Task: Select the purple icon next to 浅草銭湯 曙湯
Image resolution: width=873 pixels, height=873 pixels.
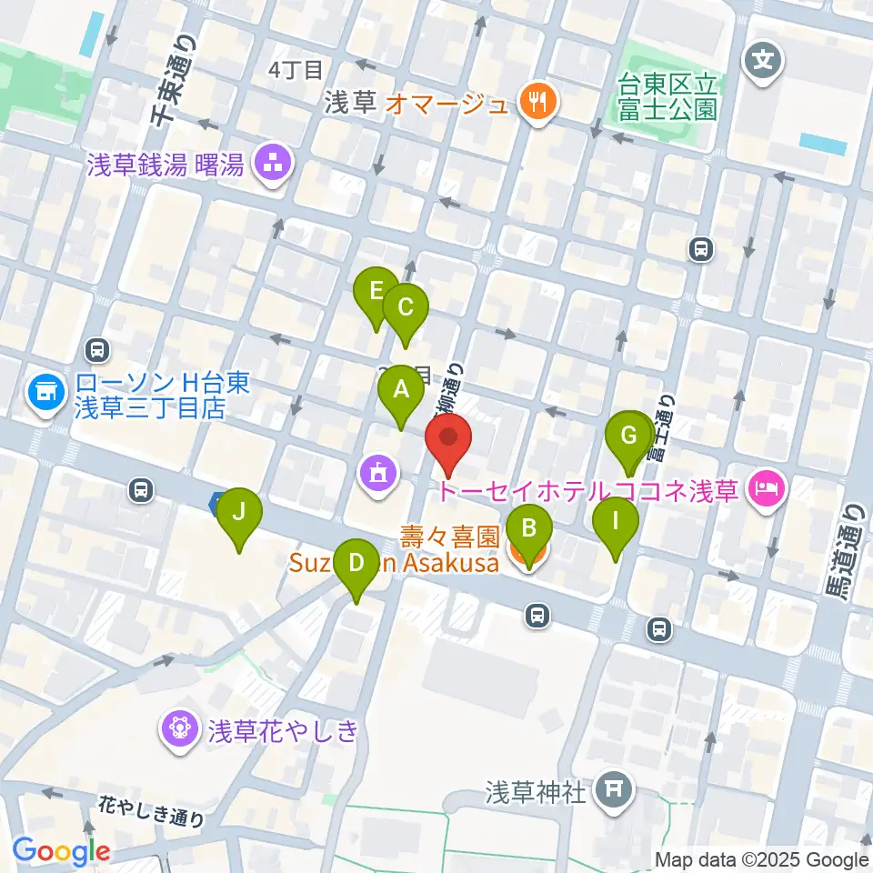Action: tap(272, 166)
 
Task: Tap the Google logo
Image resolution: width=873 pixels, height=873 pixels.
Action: tap(61, 851)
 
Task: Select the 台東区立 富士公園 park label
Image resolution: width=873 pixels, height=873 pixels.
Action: tap(668, 98)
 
